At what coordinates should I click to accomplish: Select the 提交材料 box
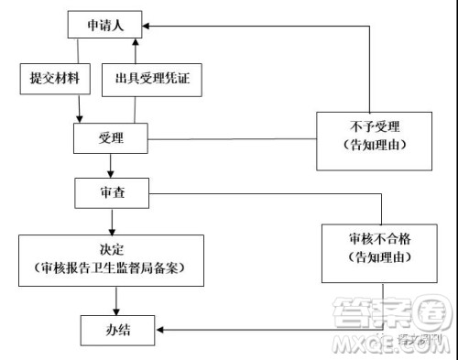coord(54,78)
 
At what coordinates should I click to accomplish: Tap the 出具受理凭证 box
coord(151,79)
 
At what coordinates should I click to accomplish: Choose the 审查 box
coord(111,193)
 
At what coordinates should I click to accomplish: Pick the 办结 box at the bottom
coord(117,329)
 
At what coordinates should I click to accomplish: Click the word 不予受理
coord(371,127)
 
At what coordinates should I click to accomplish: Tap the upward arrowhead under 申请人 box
coord(135,42)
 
